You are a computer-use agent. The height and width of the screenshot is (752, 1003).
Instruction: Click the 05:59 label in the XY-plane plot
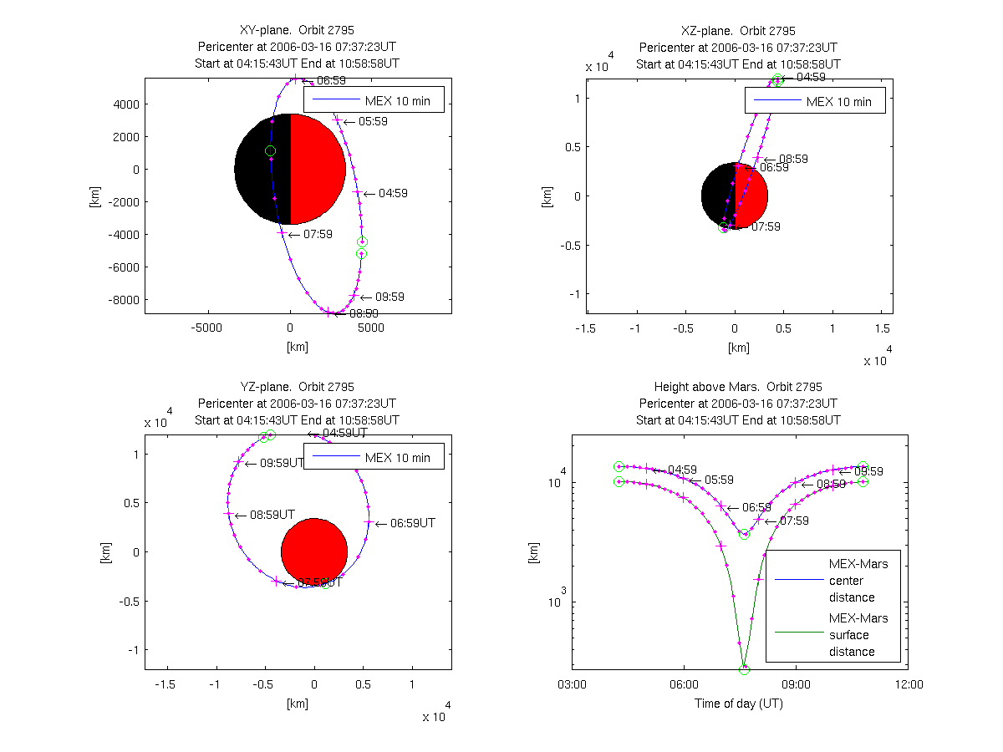[373, 121]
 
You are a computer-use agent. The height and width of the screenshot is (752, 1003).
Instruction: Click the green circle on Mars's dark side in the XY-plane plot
[270, 150]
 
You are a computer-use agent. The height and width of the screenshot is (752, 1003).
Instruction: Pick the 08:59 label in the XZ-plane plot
[793, 159]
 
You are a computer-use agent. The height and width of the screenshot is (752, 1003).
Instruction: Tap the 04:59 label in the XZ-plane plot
[811, 77]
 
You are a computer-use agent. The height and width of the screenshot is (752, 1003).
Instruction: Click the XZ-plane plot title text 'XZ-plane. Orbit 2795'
[738, 31]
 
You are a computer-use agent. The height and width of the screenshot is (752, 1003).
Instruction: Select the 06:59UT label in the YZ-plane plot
[413, 523]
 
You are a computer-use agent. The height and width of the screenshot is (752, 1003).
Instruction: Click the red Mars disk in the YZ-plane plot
[314, 551]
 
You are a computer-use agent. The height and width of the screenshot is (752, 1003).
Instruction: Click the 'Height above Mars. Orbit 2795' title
[738, 387]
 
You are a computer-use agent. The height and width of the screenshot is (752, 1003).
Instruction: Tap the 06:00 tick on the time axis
[684, 684]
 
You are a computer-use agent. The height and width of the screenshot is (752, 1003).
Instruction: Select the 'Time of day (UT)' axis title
[738, 704]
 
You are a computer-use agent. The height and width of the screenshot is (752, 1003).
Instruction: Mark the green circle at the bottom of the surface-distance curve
[744, 668]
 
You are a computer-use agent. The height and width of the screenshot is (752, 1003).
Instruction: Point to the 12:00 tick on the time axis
[909, 684]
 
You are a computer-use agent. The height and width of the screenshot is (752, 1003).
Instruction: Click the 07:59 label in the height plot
[794, 521]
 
